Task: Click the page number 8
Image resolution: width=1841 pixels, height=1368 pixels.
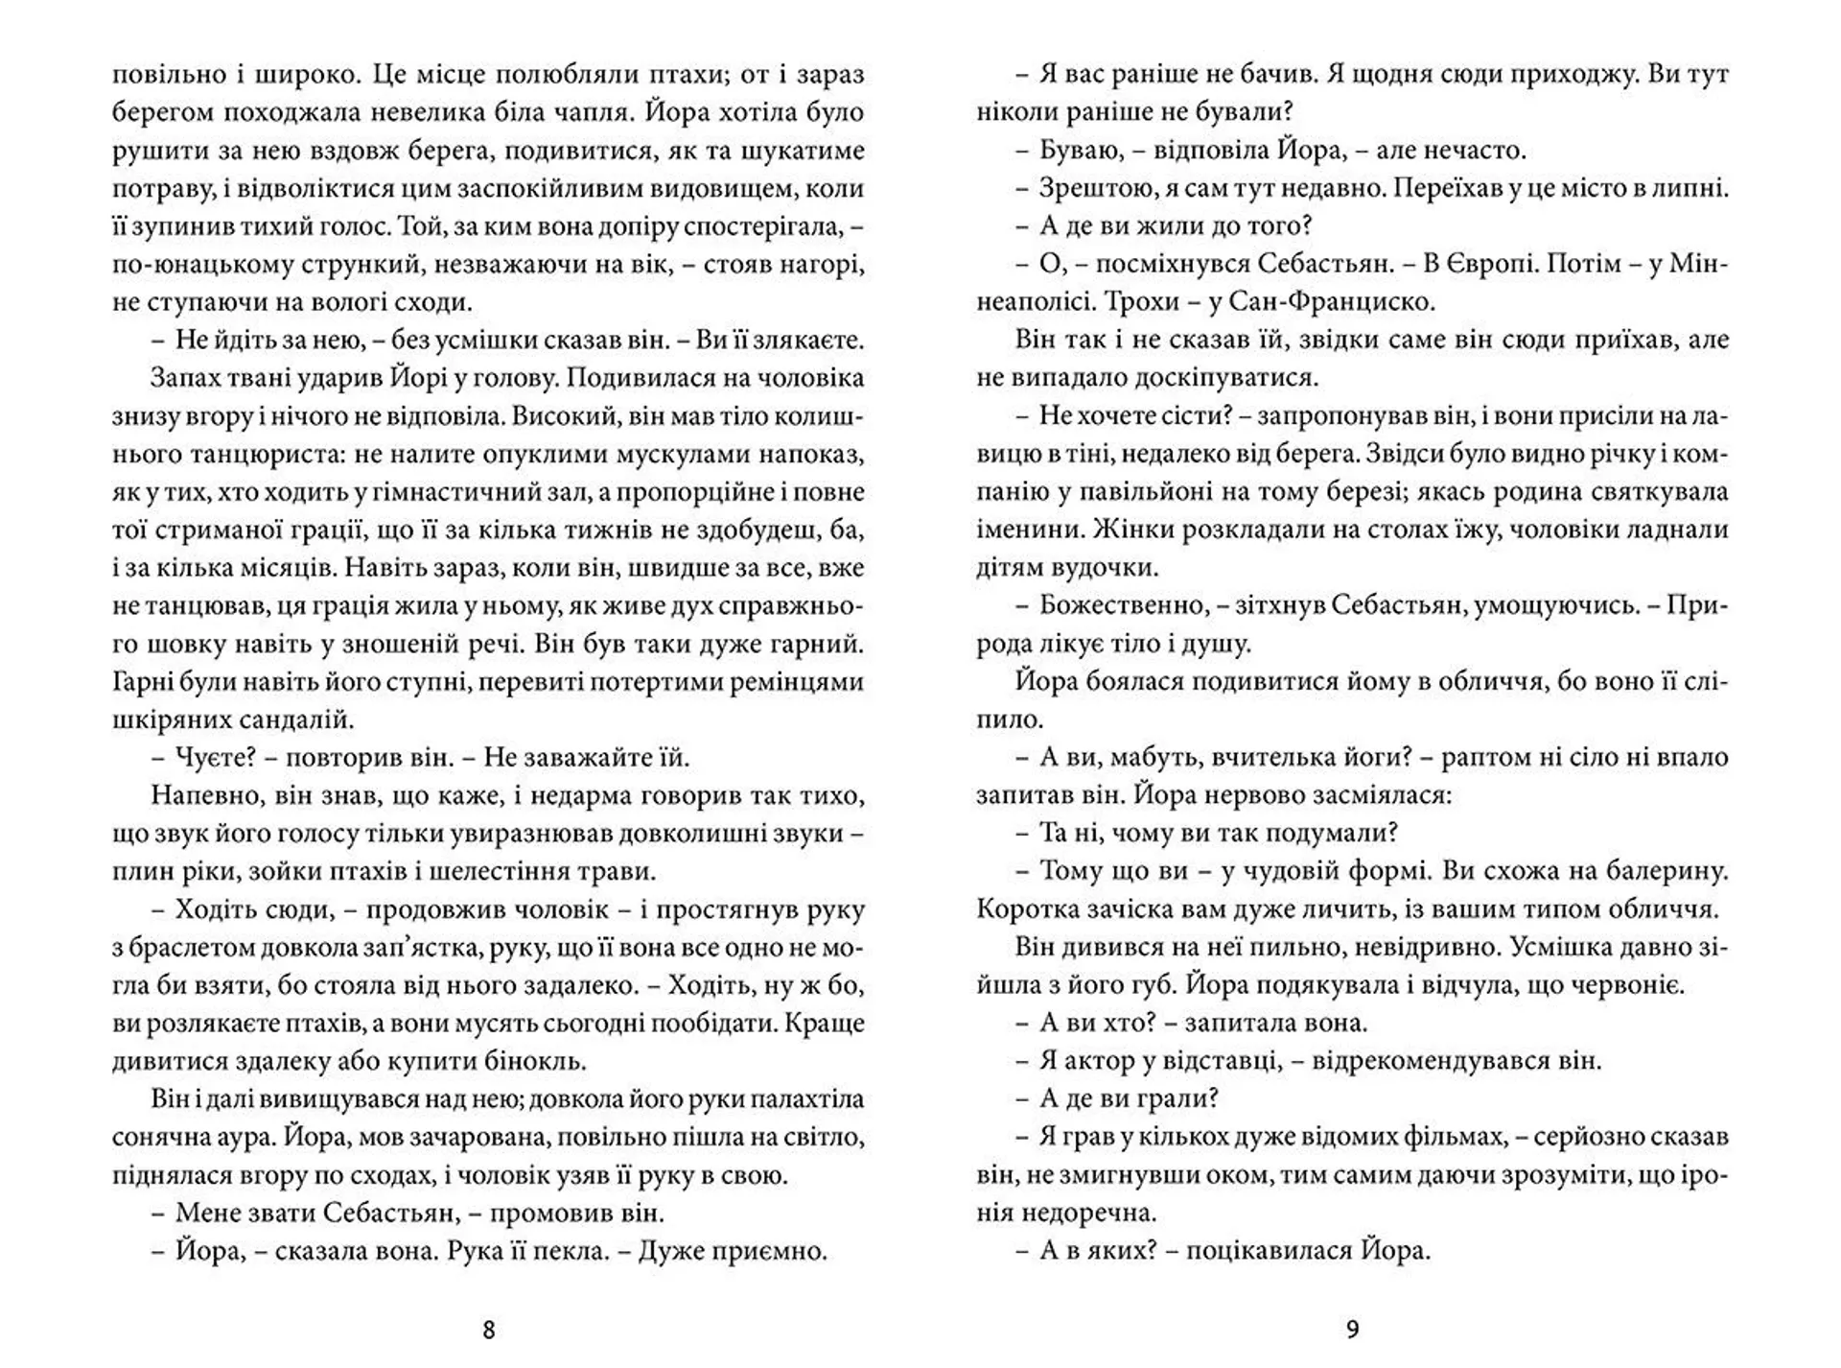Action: pyautogui.click(x=489, y=1330)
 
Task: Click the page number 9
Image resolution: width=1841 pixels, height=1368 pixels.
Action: pyautogui.click(x=1353, y=1330)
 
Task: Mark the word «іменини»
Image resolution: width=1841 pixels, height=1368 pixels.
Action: pyautogui.click(x=1024, y=530)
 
